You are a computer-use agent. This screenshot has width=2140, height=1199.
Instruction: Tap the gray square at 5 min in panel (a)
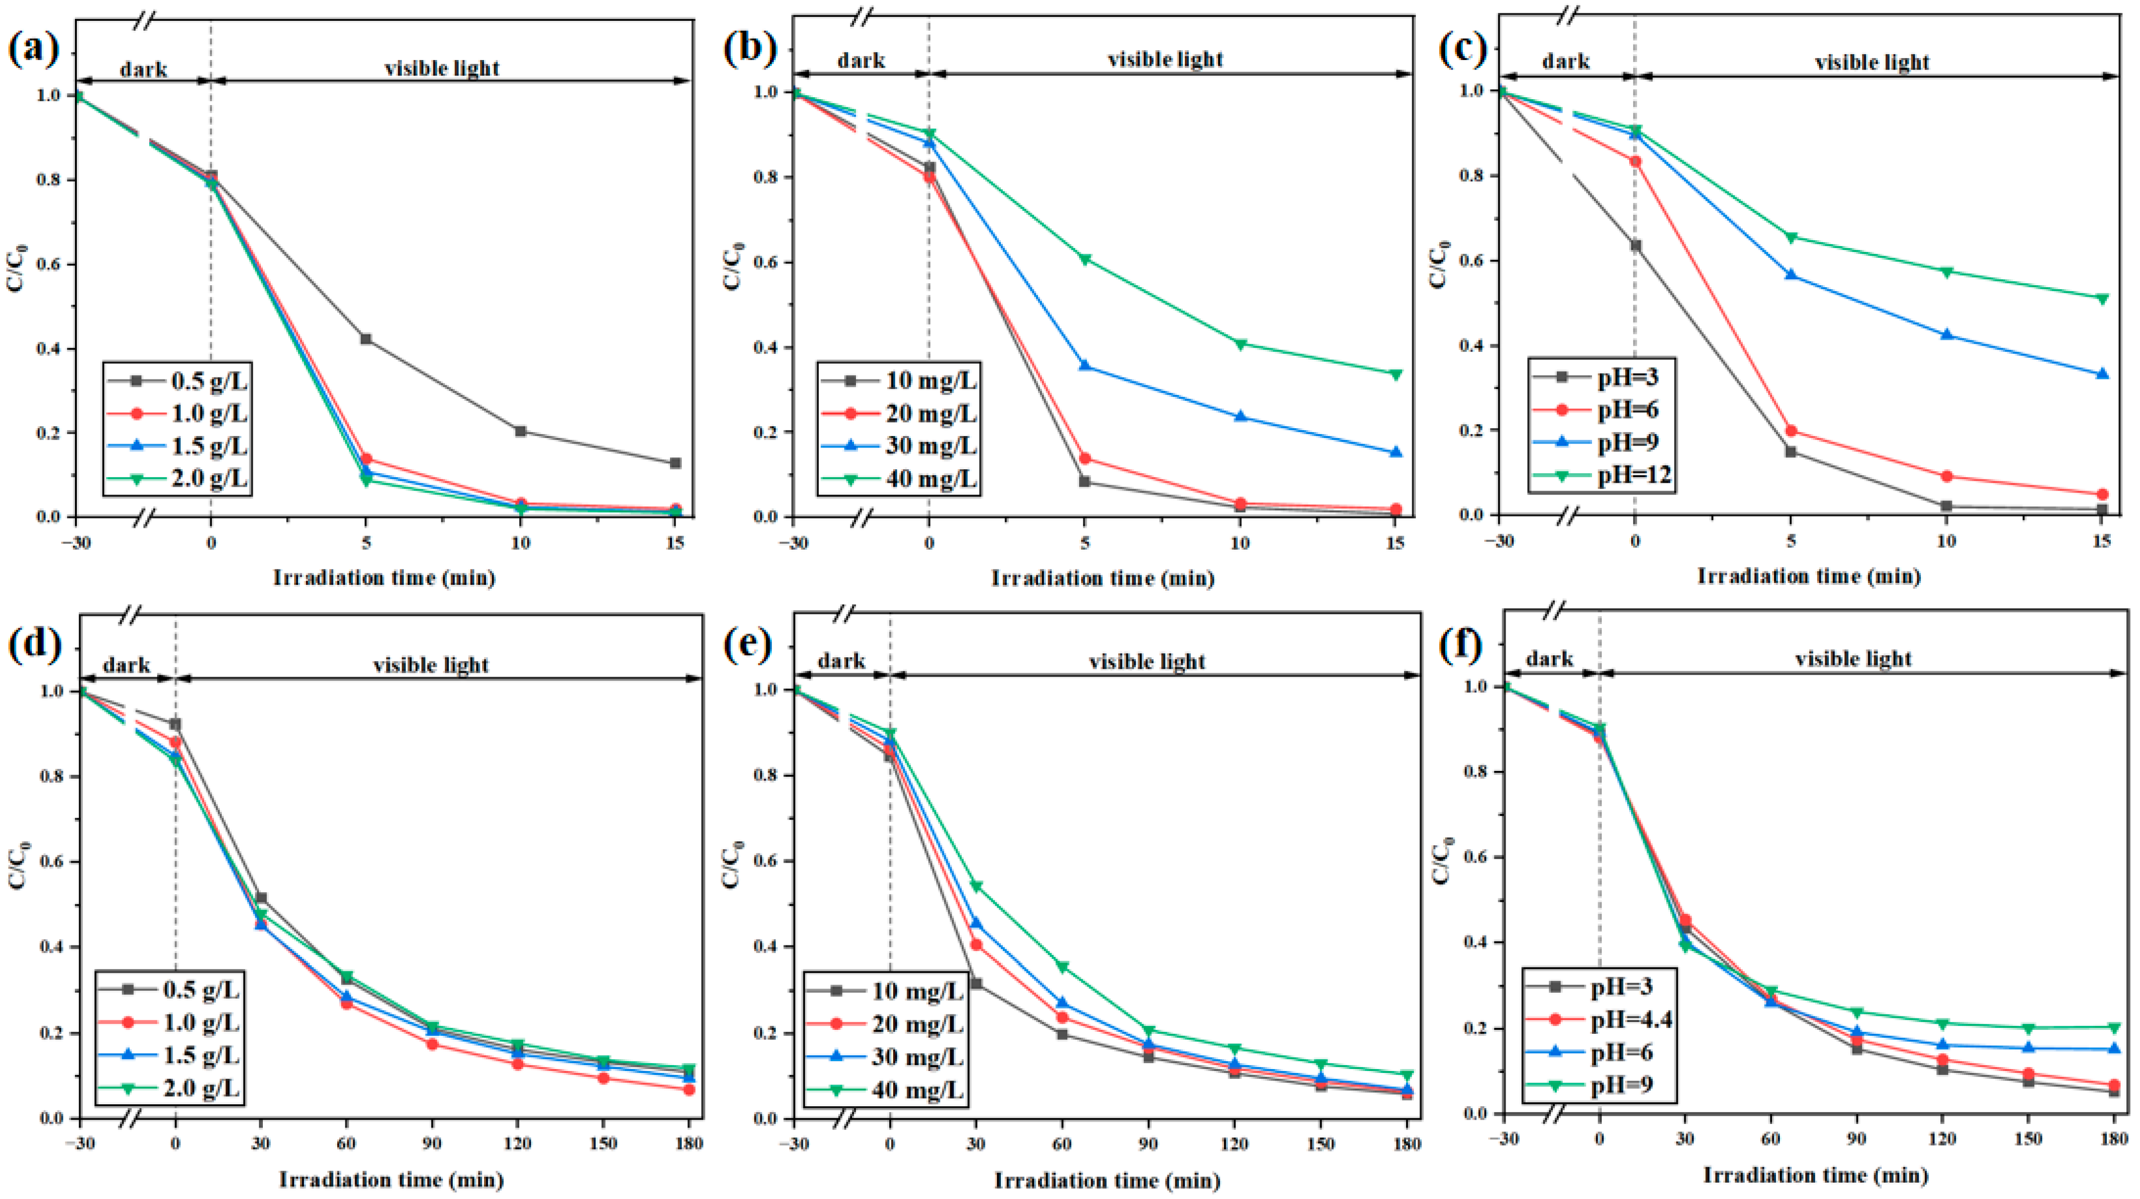(366, 339)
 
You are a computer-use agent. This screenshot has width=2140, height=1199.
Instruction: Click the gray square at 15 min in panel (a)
(675, 463)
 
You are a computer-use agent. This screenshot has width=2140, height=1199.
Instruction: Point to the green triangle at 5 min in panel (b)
(1084, 259)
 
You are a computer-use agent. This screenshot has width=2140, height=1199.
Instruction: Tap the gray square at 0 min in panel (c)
(1635, 245)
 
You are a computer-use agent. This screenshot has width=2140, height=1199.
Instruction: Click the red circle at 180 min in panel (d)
(689, 1089)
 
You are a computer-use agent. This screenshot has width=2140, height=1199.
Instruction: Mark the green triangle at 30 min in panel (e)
(976, 886)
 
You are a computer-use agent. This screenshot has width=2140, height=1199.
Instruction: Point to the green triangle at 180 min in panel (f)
(2114, 1028)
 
